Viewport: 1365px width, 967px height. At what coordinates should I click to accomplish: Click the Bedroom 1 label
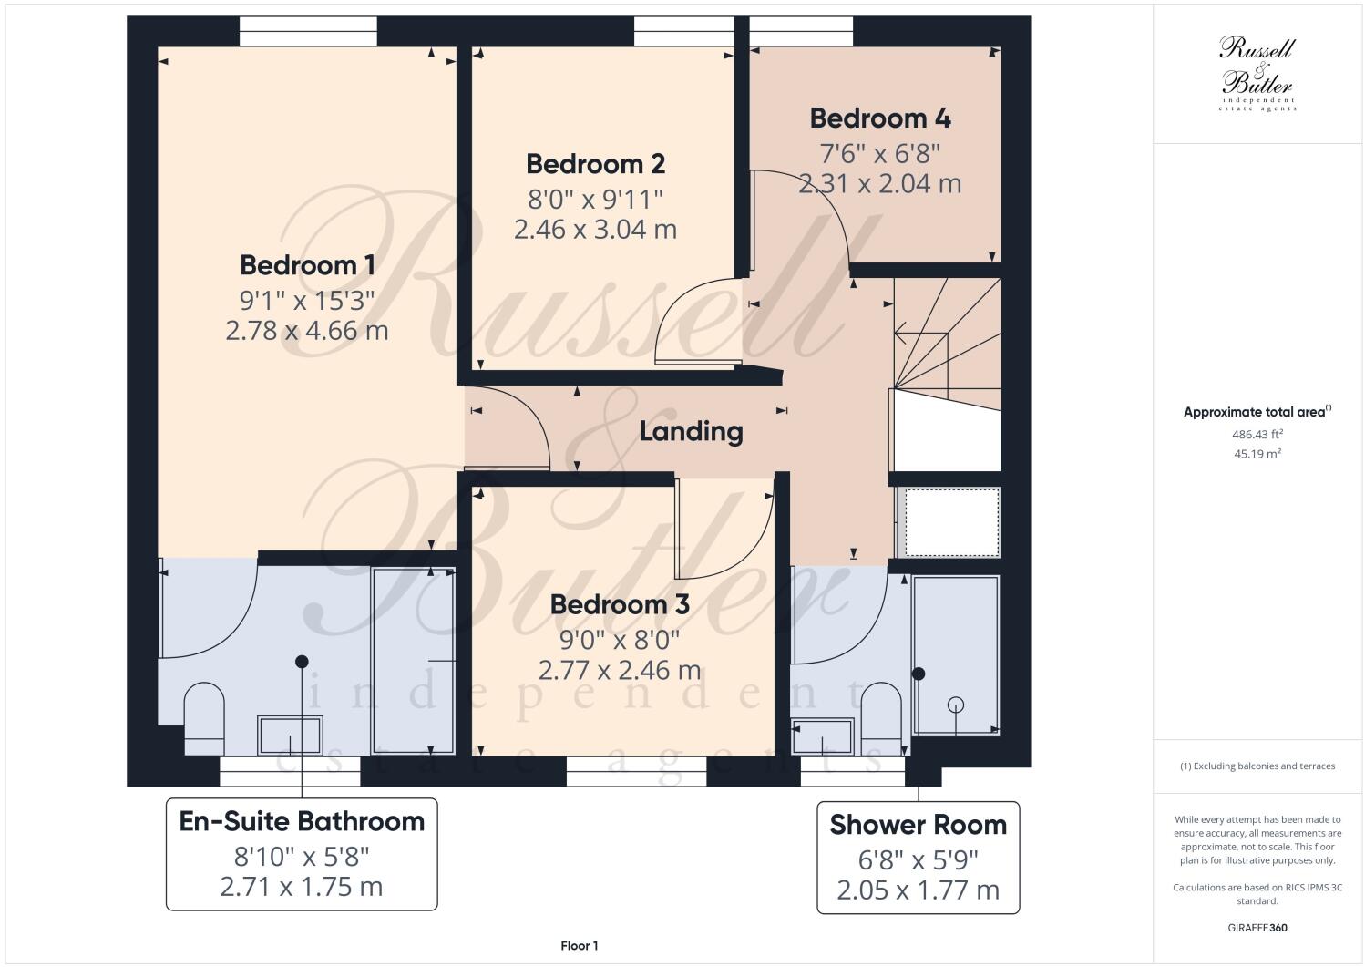307,265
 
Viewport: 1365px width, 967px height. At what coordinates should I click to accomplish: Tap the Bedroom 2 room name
595,164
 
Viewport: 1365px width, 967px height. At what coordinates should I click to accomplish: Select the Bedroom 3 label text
620,605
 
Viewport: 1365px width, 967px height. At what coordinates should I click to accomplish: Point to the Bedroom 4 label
879,118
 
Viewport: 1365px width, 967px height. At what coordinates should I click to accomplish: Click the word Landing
691,431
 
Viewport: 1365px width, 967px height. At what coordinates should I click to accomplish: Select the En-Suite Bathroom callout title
302,821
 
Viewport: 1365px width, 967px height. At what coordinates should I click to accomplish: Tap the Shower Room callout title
918,825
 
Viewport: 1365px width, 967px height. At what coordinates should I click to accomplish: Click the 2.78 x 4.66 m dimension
307,330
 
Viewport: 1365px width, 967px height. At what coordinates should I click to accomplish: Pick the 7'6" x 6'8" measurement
879,151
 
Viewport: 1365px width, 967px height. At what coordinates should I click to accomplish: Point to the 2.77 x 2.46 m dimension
620,671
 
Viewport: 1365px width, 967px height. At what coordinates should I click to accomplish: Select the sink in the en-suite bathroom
290,735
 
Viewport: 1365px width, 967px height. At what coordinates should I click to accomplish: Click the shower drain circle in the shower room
955,705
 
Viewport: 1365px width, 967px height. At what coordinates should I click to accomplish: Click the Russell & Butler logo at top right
1257,73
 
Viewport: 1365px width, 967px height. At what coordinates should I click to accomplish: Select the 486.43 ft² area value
1257,435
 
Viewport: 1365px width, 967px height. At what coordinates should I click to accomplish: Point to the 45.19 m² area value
1257,453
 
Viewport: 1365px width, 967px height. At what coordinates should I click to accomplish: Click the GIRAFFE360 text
1257,929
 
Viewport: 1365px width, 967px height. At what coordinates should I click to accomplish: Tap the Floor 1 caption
580,946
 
